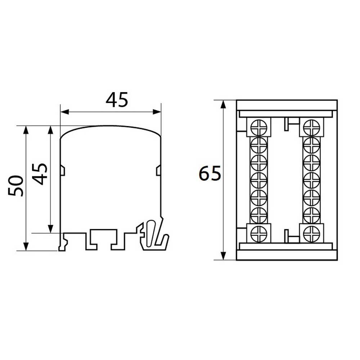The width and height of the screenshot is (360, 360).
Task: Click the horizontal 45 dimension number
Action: coord(117,100)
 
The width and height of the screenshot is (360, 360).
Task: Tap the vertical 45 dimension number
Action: coord(40,174)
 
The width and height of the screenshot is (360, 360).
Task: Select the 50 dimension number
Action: coord(15,186)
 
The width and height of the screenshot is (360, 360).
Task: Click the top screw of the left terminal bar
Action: coord(259,127)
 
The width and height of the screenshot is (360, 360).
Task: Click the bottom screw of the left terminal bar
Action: coord(259,234)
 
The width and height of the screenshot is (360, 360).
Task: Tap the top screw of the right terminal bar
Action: coord(311,127)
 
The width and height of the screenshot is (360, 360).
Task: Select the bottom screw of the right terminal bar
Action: coord(311,234)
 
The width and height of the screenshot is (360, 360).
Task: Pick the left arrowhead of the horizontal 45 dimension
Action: coord(64,112)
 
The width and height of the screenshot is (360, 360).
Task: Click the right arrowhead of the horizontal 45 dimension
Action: coord(157,112)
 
